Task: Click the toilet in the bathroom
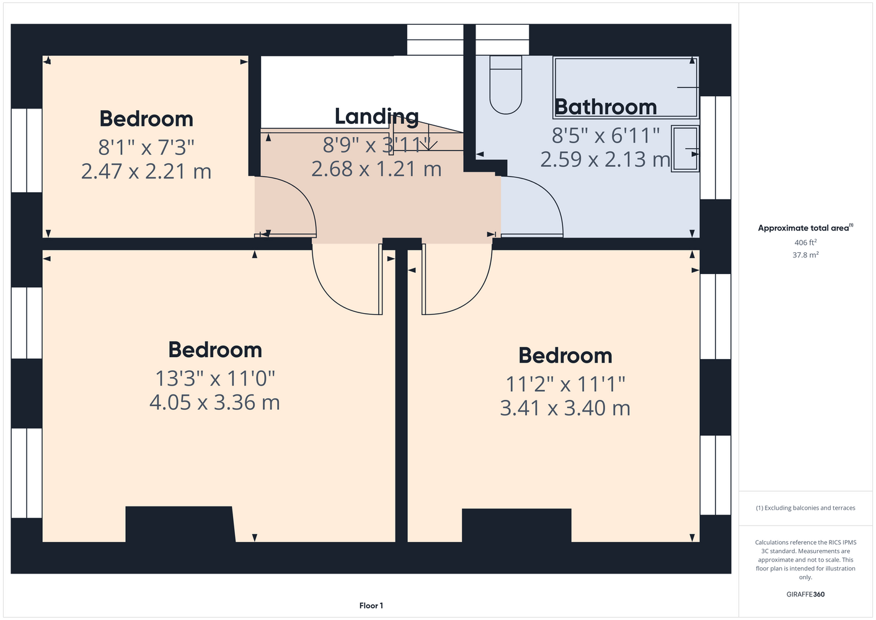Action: [506, 85]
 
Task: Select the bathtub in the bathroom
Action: [626, 87]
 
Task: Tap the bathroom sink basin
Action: [685, 149]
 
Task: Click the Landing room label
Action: [376, 117]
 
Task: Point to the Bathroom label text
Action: [605, 107]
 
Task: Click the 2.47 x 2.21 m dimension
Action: [146, 172]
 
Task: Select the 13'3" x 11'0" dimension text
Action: [215, 378]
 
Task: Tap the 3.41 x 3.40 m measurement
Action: [565, 408]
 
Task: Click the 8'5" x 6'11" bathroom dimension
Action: [606, 135]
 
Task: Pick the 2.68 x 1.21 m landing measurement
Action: [376, 169]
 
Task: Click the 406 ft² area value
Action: [805, 242]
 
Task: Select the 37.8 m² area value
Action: [805, 255]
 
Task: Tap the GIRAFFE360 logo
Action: [805, 594]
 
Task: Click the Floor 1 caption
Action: [371, 606]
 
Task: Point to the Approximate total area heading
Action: [805, 228]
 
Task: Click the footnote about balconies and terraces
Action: [805, 508]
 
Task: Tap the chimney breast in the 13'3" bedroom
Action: [180, 524]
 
